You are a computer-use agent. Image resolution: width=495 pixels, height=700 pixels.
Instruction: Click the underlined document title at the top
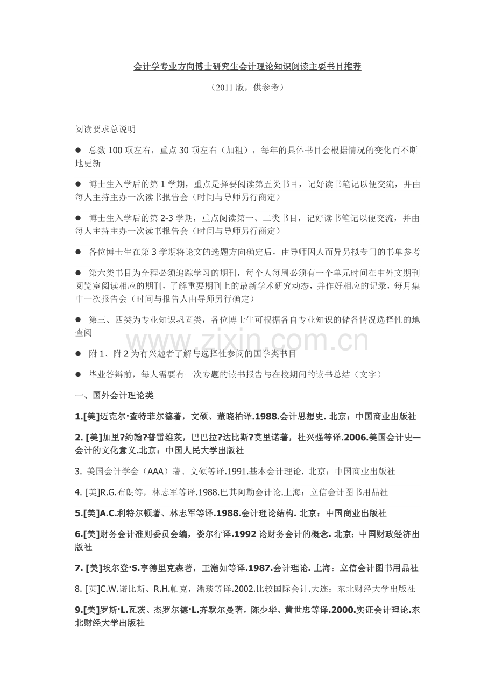247,67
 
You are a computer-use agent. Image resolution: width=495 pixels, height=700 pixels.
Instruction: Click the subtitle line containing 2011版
247,87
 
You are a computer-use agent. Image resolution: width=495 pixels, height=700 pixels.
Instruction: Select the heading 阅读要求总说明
105,130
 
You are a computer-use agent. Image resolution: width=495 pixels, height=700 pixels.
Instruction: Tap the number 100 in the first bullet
116,151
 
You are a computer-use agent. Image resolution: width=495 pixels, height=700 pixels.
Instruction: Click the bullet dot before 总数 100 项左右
78,151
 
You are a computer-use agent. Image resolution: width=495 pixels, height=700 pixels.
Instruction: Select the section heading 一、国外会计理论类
115,396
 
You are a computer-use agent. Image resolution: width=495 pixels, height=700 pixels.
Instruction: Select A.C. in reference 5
109,513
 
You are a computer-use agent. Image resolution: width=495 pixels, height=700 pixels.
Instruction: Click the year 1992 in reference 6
243,534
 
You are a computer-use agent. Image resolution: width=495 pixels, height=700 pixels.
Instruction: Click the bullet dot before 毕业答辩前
78,374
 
